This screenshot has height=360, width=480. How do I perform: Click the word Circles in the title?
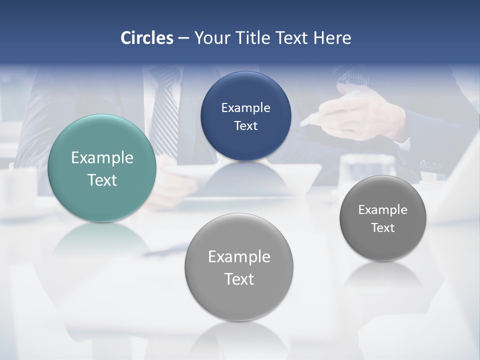tap(147, 38)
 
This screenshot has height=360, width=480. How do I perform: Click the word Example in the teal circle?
tap(102, 158)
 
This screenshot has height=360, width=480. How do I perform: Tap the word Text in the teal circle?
tap(102, 180)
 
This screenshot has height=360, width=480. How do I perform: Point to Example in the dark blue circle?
tap(245, 107)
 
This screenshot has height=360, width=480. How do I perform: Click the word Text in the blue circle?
tap(245, 125)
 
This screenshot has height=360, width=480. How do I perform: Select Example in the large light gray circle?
tap(239, 256)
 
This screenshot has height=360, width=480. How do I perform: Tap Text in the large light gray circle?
tap(239, 279)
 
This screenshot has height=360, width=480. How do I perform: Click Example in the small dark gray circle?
tap(382, 209)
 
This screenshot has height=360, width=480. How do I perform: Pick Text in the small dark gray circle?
tap(382, 227)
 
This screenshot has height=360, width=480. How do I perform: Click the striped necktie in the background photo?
tap(165, 115)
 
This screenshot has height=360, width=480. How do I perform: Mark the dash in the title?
tap(183, 38)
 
